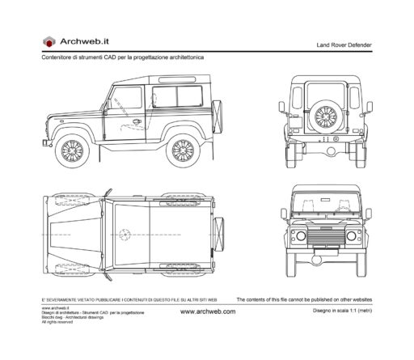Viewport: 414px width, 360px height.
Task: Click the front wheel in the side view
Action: (70, 150)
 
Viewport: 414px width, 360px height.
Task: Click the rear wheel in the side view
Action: (182, 150)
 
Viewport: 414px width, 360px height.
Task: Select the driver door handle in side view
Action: (137, 122)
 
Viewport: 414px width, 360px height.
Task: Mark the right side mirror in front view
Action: (368, 214)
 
